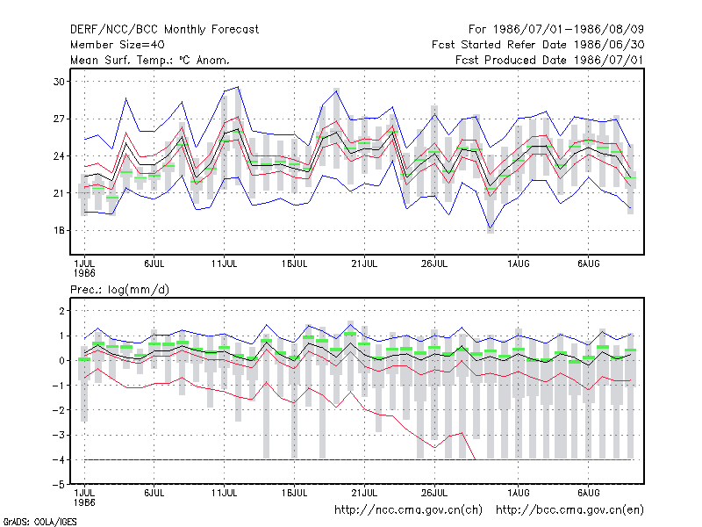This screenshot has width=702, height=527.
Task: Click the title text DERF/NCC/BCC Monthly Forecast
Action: point(164,30)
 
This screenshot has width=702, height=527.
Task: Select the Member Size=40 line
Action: point(118,45)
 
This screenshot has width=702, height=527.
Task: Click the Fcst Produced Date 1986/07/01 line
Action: point(549,60)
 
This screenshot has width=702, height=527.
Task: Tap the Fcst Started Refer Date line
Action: point(538,45)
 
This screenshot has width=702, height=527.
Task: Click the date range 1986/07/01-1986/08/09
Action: point(569,30)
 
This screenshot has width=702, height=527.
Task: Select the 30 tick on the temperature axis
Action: point(59,82)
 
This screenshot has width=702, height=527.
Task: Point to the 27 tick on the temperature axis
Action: point(59,119)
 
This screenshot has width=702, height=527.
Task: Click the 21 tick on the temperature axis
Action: point(59,193)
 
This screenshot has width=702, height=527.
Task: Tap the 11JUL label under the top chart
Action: point(225,263)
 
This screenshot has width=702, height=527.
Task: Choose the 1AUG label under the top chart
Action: point(519,263)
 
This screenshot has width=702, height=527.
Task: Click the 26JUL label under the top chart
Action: point(434,263)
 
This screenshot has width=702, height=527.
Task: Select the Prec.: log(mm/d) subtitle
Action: point(119,290)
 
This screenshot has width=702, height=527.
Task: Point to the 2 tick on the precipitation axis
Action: point(61,311)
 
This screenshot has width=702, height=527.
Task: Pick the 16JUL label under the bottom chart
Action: point(294,493)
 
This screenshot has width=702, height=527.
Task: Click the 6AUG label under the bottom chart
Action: point(588,493)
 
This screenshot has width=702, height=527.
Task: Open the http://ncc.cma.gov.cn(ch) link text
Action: point(408,510)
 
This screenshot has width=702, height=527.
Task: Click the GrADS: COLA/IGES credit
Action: point(40,522)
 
